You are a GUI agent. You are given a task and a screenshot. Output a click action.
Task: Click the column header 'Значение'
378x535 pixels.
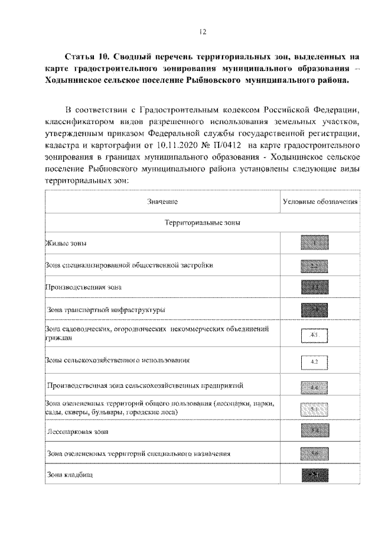(162, 202)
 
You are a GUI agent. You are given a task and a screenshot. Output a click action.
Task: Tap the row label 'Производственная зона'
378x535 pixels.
(83, 287)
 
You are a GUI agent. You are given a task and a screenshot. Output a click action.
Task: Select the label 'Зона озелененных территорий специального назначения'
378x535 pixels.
(138, 453)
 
